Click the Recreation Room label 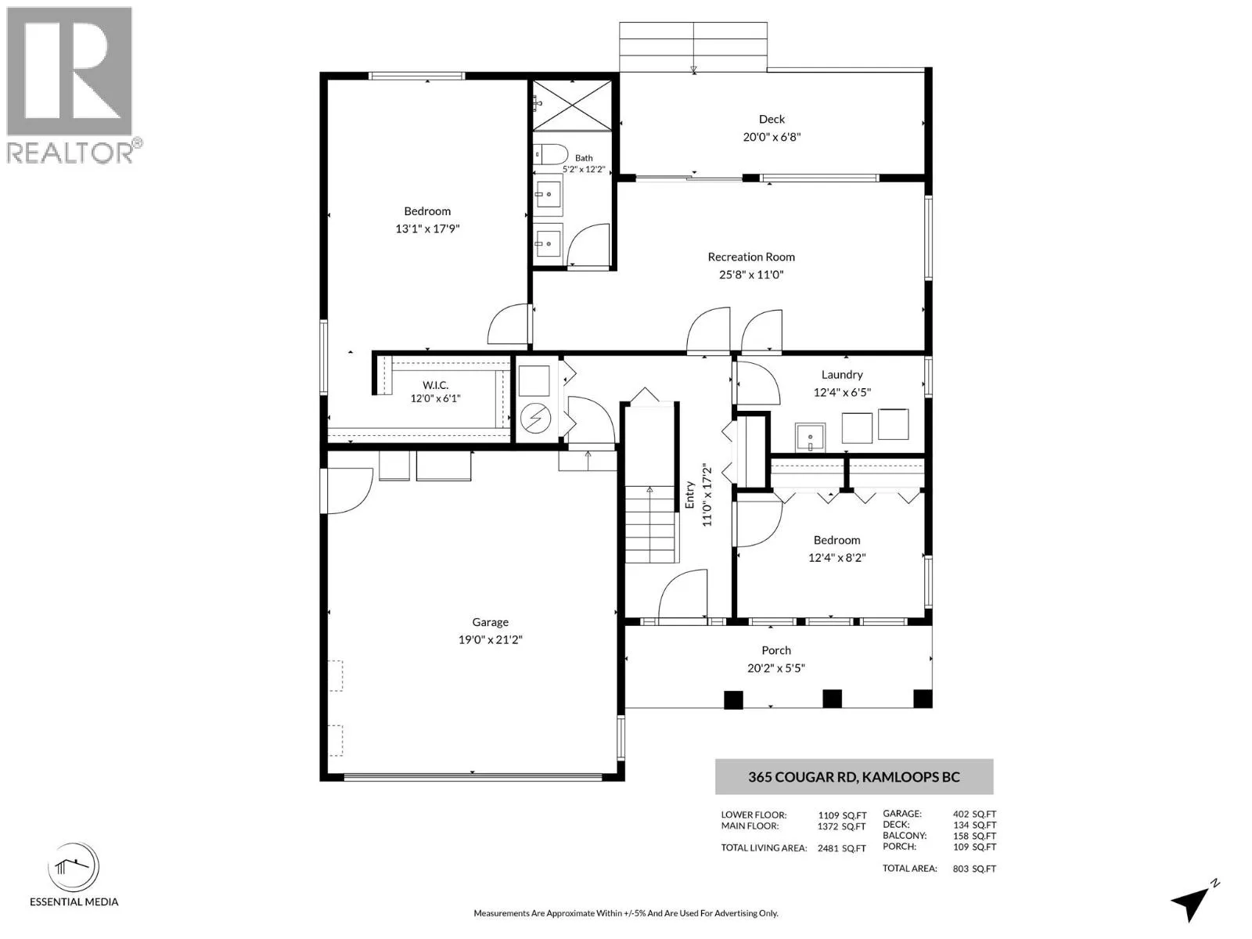750,257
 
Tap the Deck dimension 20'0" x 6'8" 772,137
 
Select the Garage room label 490,622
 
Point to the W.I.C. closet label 435,386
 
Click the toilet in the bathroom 550,154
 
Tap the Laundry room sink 810,437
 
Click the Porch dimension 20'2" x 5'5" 775,667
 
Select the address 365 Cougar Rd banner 854,776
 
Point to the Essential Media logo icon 74,866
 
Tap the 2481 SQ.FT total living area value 841,848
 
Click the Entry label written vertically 689,495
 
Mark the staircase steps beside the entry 650,524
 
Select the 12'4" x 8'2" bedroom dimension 836,558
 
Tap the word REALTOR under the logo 70,153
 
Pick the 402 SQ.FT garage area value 974,814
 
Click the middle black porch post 833,699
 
